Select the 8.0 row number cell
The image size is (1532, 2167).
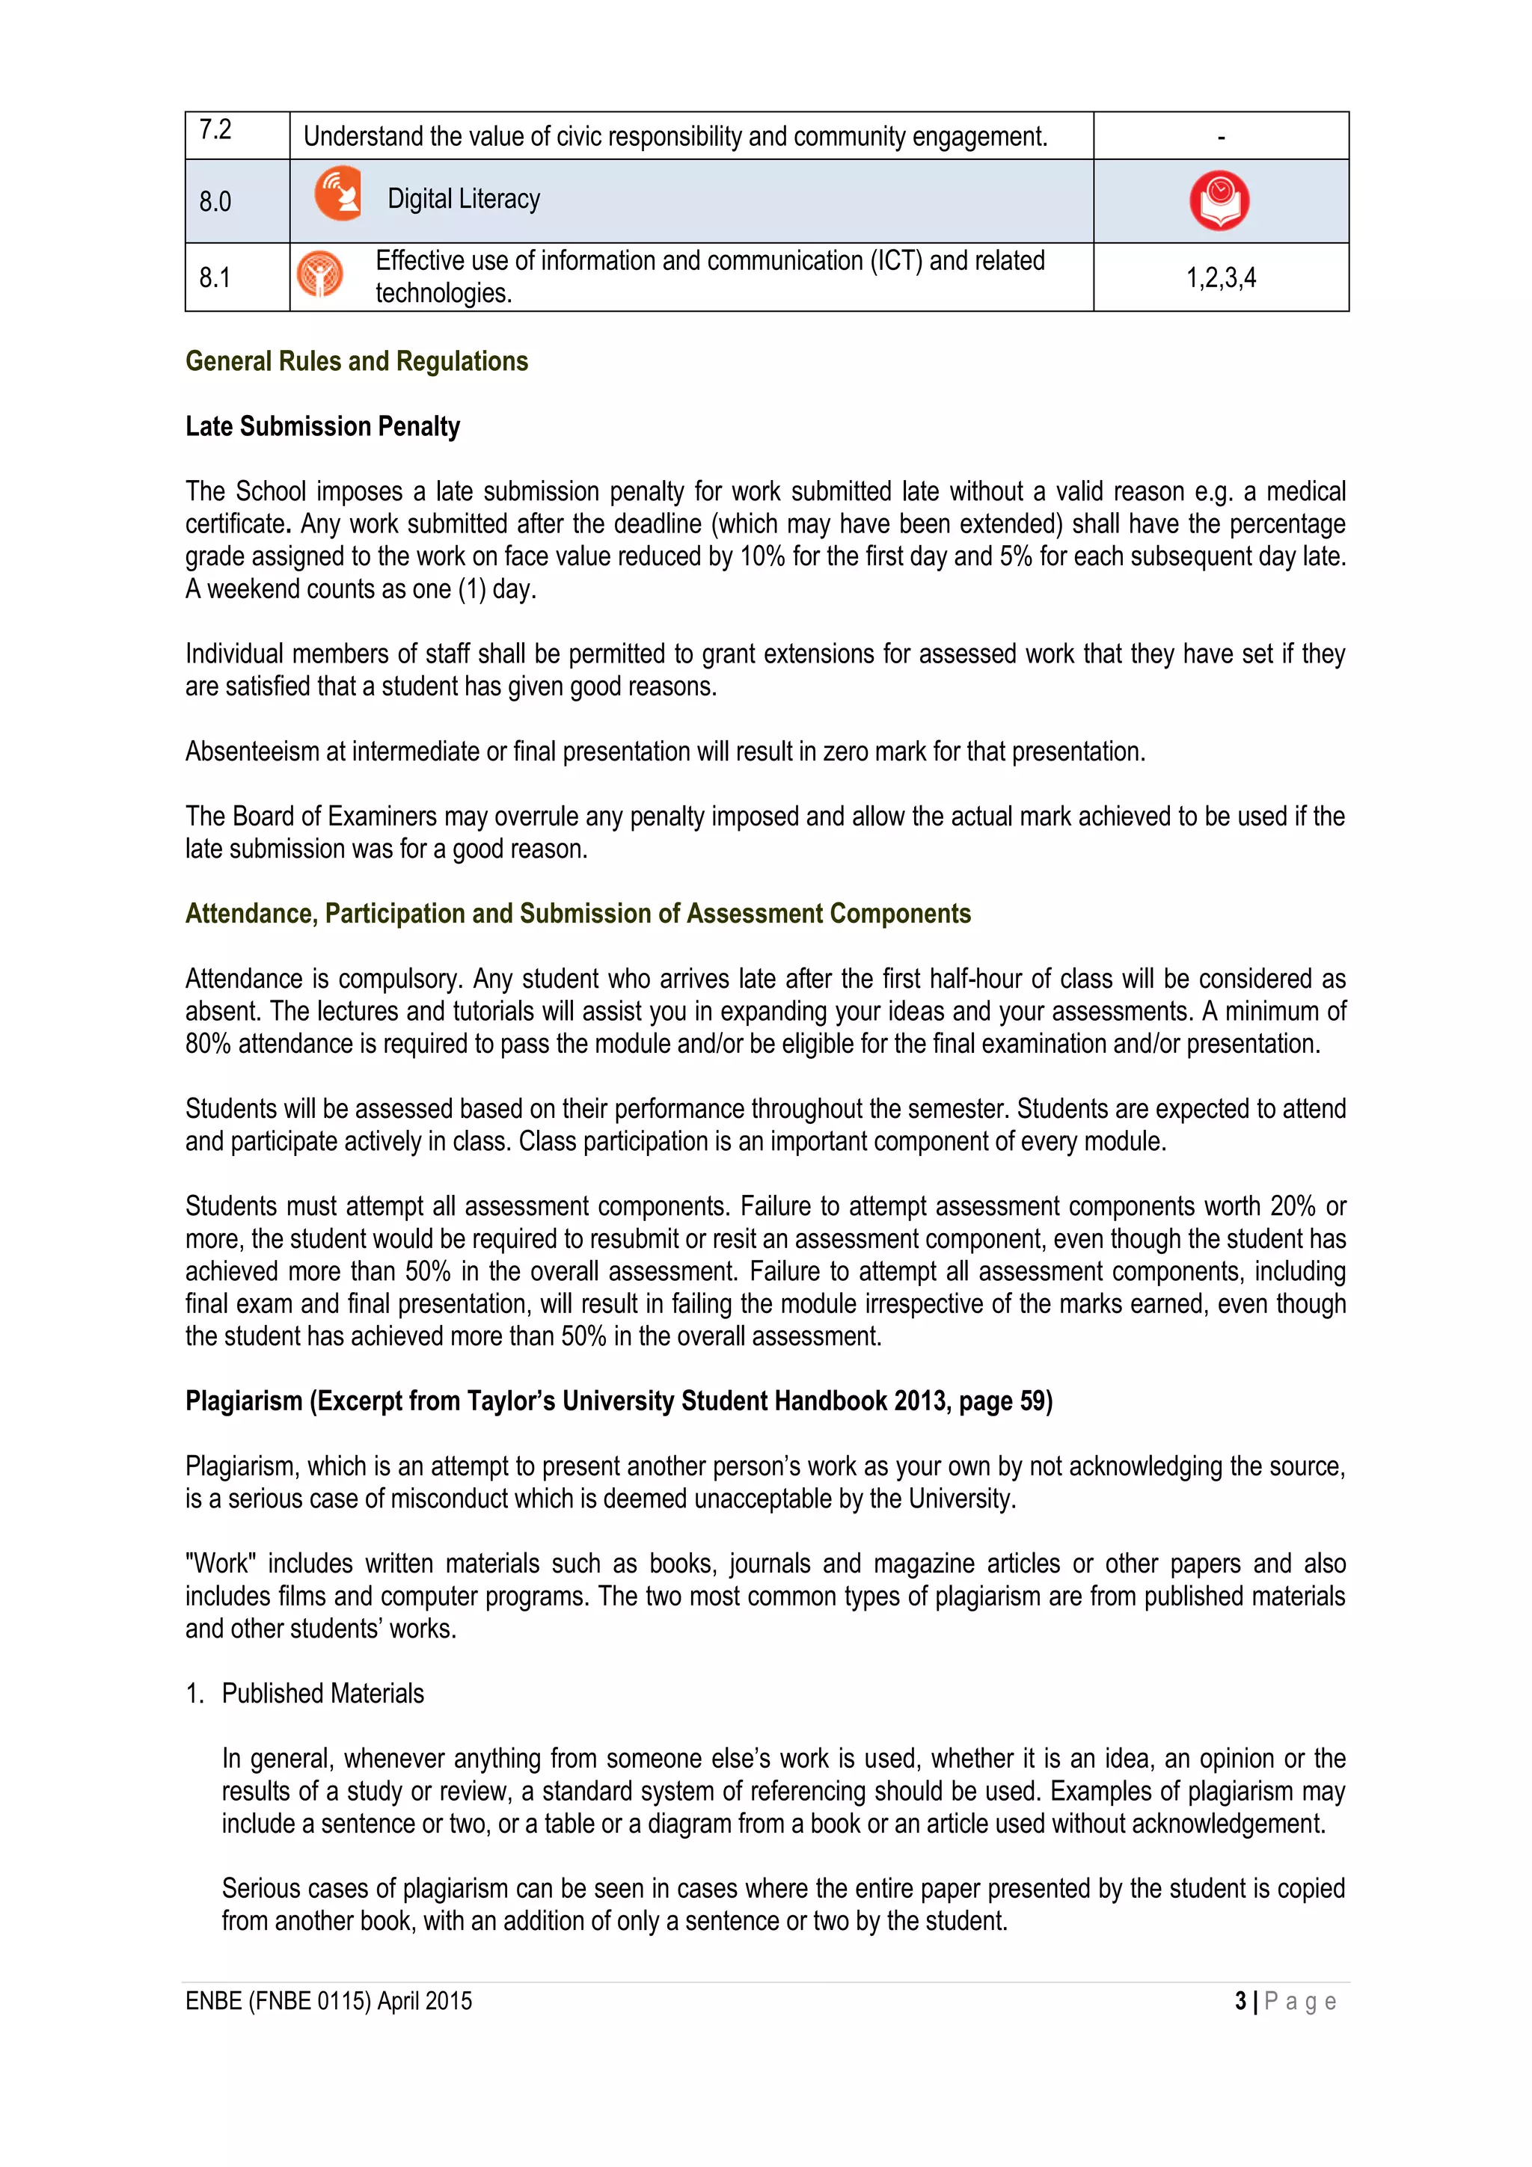(x=216, y=202)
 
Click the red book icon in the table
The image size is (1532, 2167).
(x=1219, y=201)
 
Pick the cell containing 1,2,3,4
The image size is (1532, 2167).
(x=1221, y=277)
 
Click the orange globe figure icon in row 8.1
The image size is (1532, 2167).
(x=320, y=274)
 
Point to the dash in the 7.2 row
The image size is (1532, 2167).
(x=1221, y=138)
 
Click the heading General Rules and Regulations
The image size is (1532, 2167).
(x=357, y=361)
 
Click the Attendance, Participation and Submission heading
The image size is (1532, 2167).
(x=577, y=914)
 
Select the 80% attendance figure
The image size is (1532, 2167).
(x=208, y=1044)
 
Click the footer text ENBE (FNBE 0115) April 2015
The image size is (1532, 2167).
(x=328, y=2001)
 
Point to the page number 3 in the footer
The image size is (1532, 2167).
(x=1240, y=2001)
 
